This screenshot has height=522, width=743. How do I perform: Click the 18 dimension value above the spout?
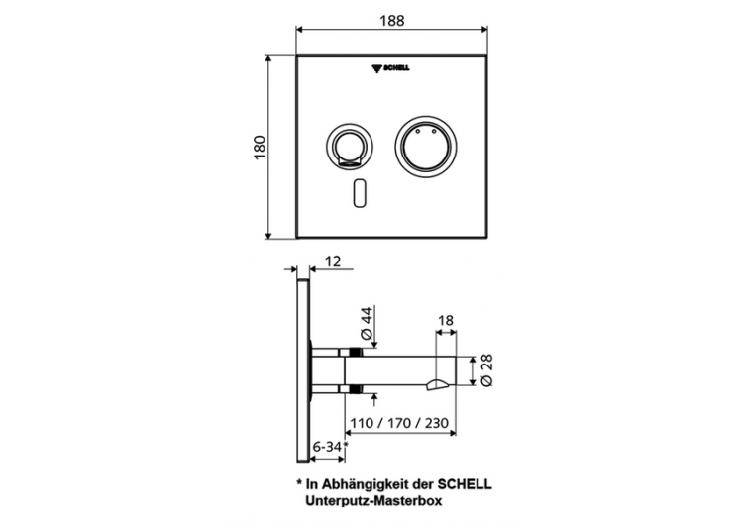(446, 321)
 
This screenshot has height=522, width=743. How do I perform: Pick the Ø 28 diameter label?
(487, 372)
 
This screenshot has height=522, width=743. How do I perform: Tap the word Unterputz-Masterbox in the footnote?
(379, 502)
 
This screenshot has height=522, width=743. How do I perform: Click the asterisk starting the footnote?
(299, 484)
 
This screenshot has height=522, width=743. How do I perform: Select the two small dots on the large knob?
(426, 129)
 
